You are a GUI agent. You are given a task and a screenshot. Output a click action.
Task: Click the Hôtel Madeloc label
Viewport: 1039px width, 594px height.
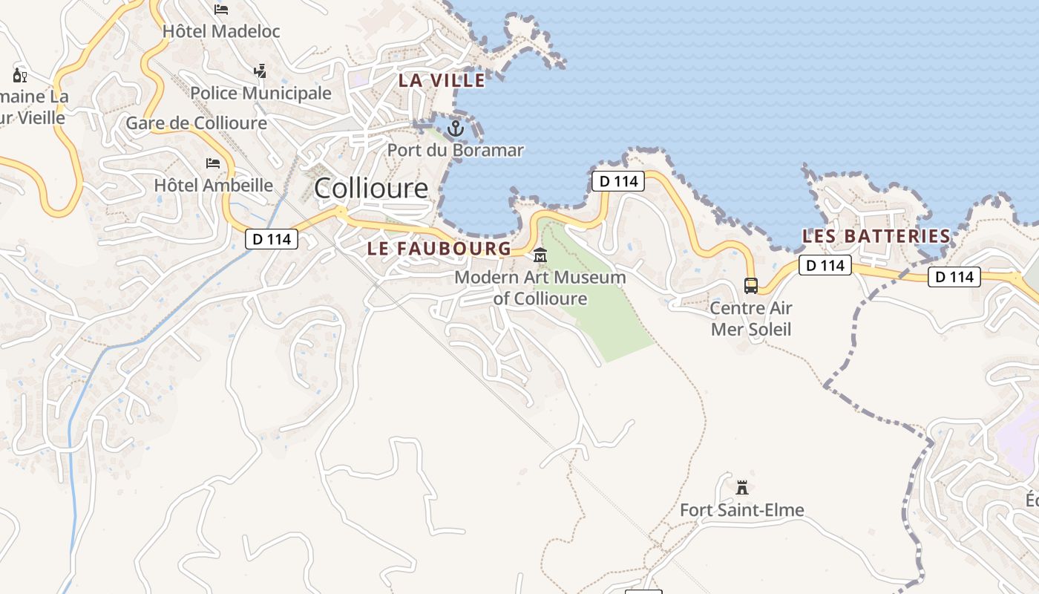pyautogui.click(x=221, y=31)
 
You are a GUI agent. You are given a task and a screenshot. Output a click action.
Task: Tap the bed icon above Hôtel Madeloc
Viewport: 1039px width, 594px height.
pyautogui.click(x=221, y=10)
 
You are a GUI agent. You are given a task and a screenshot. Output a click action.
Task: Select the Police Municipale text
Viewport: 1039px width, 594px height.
pyautogui.click(x=260, y=93)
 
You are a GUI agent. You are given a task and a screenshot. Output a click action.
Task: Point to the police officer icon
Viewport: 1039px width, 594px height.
pyautogui.click(x=260, y=71)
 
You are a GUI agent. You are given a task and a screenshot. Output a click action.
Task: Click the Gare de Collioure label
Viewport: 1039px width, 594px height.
pyautogui.click(x=196, y=123)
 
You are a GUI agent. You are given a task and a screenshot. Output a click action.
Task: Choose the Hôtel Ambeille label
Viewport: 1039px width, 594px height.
pyautogui.click(x=214, y=185)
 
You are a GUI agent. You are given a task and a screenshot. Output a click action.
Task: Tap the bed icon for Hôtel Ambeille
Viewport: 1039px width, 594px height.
pyautogui.click(x=213, y=163)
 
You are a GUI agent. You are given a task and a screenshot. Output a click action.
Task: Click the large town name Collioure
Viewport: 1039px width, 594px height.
pyautogui.click(x=371, y=188)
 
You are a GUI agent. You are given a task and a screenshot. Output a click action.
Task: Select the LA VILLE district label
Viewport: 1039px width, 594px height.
pyautogui.click(x=442, y=80)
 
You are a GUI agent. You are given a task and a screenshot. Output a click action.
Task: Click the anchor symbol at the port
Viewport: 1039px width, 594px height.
pyautogui.click(x=455, y=128)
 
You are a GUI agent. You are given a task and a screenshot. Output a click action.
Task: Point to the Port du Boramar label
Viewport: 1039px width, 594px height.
pyautogui.click(x=456, y=150)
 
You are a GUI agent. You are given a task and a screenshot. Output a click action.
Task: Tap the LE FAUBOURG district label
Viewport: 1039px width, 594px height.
pyautogui.click(x=439, y=248)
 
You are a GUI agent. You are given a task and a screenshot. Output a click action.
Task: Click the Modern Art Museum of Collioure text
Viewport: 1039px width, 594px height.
pyautogui.click(x=540, y=288)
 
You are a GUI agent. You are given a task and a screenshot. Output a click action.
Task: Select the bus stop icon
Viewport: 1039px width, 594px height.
pyautogui.click(x=751, y=286)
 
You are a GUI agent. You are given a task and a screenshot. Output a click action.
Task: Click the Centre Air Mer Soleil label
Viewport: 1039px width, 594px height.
pyautogui.click(x=751, y=319)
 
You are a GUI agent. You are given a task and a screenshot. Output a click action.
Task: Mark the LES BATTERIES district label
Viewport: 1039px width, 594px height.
pyautogui.click(x=876, y=236)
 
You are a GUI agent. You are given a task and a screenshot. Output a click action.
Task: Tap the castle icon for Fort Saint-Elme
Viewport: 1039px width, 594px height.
pyautogui.click(x=741, y=488)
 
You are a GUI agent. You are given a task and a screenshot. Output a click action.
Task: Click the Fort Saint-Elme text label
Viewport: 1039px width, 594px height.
pyautogui.click(x=742, y=510)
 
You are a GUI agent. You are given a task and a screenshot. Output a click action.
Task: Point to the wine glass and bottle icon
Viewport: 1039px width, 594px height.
pyautogui.click(x=20, y=75)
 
